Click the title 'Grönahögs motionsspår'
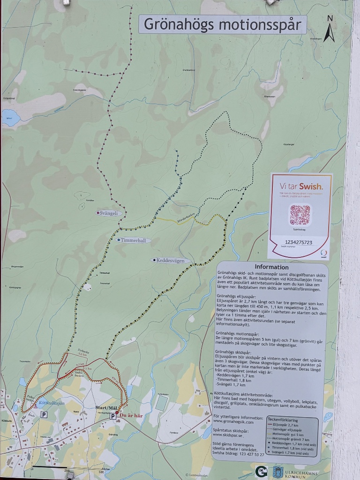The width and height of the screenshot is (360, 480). click(222, 24)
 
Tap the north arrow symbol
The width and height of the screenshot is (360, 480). click(330, 29)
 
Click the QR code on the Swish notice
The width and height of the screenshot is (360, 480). click(300, 215)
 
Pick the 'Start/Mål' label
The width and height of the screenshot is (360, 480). click(105, 408)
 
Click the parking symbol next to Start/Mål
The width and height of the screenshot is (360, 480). click(112, 416)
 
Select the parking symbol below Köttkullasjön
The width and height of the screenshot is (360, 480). click(44, 414)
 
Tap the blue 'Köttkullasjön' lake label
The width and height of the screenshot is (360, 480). click(52, 403)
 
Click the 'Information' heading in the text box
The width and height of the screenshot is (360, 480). click(271, 267)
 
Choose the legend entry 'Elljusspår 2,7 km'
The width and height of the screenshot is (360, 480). click(289, 425)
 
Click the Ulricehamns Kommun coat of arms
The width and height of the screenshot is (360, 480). click(277, 472)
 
